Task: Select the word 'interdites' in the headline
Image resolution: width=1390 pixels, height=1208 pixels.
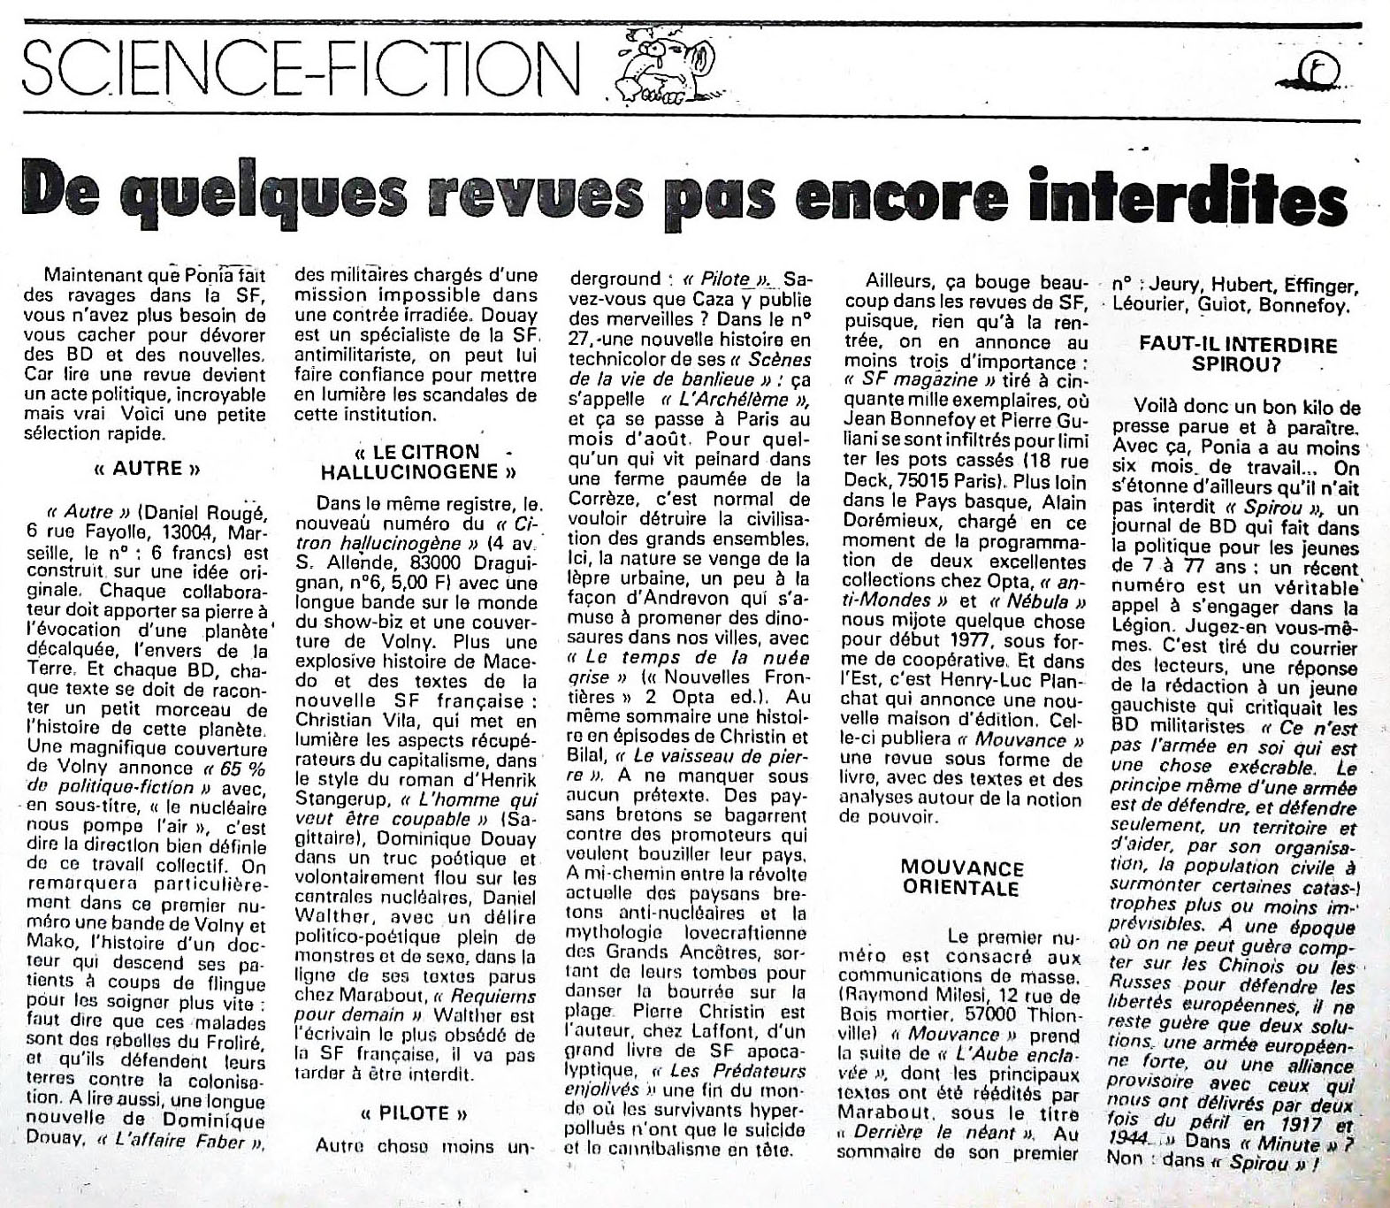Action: [x=1194, y=197]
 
